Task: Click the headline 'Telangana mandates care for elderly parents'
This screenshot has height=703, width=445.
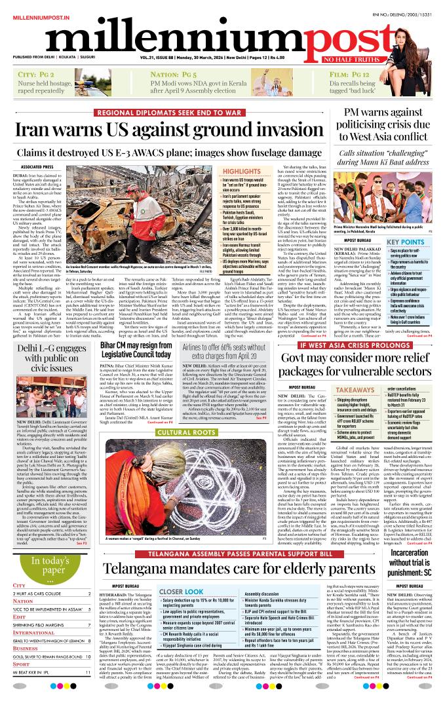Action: (223, 567)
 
